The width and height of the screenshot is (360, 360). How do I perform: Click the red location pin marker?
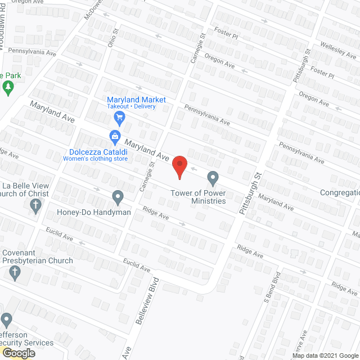point(179,167)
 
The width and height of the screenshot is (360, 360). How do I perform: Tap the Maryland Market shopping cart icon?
point(119,117)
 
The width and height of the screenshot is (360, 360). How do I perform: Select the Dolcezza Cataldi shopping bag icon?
point(115,136)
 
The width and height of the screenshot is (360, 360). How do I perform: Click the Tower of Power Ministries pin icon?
point(213,178)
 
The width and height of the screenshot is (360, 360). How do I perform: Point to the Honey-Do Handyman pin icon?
point(118,197)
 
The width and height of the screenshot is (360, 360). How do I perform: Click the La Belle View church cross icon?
point(35,206)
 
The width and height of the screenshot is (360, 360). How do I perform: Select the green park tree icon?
point(8,87)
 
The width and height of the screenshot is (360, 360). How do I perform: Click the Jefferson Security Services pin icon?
point(6,321)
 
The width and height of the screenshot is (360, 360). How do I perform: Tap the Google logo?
point(18,353)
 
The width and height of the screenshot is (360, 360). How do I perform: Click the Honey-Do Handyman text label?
point(94,213)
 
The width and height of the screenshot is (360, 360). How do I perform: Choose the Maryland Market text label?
point(137,100)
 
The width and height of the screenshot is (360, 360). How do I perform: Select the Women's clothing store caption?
point(95,159)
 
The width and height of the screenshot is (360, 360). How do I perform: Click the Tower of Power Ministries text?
point(202,197)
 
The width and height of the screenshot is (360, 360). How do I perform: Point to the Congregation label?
point(339,192)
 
